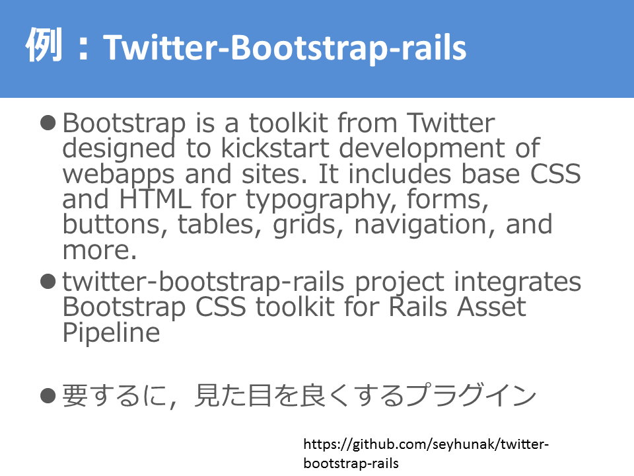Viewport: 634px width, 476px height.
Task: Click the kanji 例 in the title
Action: coord(44,45)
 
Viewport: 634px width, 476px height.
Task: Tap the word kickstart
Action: coord(275,147)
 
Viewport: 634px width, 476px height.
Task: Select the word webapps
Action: coord(118,175)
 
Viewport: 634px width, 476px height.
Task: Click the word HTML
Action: coord(155,198)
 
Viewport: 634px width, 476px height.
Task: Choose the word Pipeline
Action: coord(111,333)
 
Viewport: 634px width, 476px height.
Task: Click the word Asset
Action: coord(491,307)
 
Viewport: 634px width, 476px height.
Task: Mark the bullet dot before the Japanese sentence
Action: coord(48,395)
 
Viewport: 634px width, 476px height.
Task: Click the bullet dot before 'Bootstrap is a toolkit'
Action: coord(48,123)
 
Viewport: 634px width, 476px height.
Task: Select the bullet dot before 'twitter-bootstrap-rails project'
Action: coord(48,282)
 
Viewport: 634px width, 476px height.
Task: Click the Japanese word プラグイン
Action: coord(471,395)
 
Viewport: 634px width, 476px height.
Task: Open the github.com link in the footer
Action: coord(426,454)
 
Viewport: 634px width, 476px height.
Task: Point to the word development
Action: coord(422,149)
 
